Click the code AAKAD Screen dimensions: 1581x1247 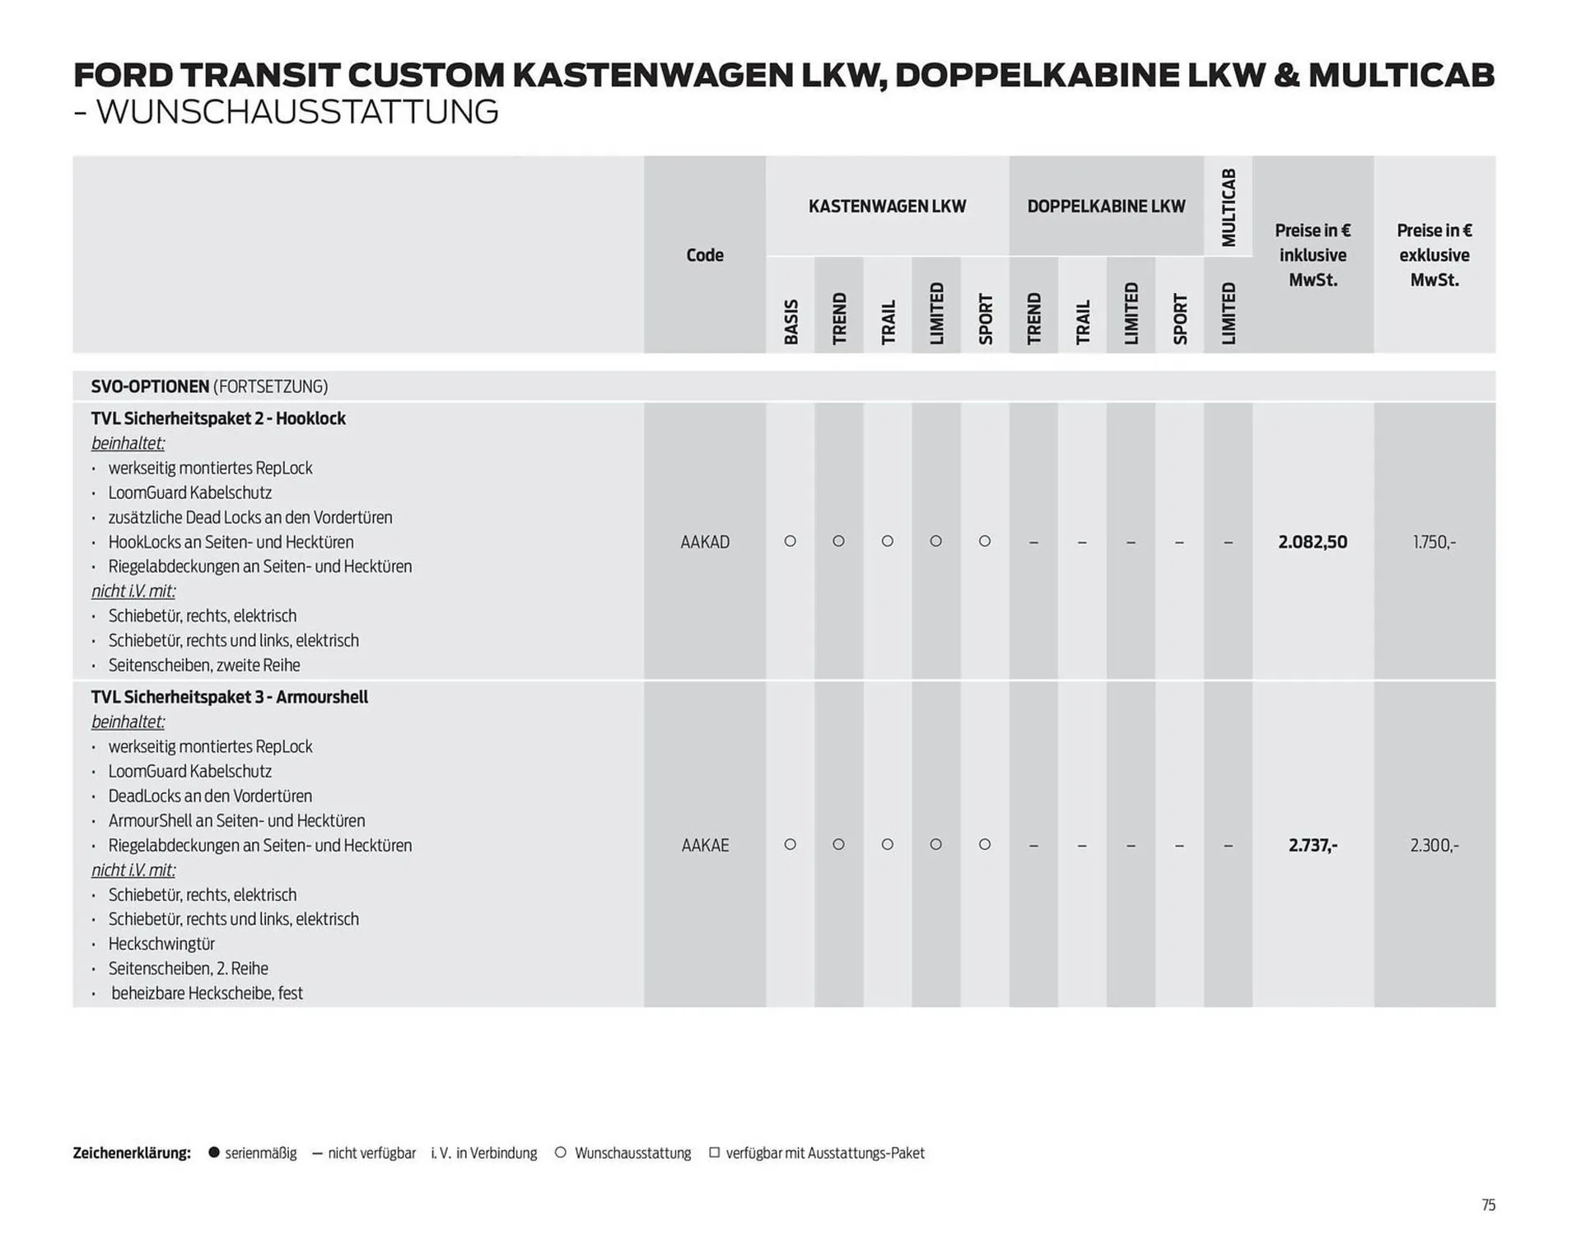pos(705,542)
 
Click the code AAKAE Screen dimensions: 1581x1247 pos(705,845)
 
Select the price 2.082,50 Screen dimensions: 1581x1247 pos(1313,542)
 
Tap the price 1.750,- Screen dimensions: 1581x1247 pos(1434,542)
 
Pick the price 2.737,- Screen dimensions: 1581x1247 pos(1313,845)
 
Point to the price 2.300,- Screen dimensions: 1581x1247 pos(1434,845)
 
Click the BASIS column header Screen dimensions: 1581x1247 pos(790,321)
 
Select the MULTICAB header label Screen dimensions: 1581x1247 pos(1228,207)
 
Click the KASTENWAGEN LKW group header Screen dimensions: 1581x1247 pos(887,206)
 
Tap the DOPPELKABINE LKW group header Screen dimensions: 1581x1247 pos(1106,206)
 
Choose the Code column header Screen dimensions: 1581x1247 pos(705,255)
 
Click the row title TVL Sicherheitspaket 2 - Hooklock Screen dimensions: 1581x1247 pos(218,418)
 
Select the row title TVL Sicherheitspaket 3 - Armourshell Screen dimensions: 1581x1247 pos(229,697)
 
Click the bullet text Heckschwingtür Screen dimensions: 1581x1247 pos(161,944)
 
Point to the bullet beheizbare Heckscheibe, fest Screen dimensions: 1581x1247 pos(207,993)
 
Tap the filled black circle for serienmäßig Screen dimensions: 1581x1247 pos(214,1152)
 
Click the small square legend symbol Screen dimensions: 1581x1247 pos(714,1152)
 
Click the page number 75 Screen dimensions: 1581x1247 pos(1488,1205)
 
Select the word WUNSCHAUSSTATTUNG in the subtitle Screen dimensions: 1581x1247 pos(297,112)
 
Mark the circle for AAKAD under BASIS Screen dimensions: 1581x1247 pos(790,541)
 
